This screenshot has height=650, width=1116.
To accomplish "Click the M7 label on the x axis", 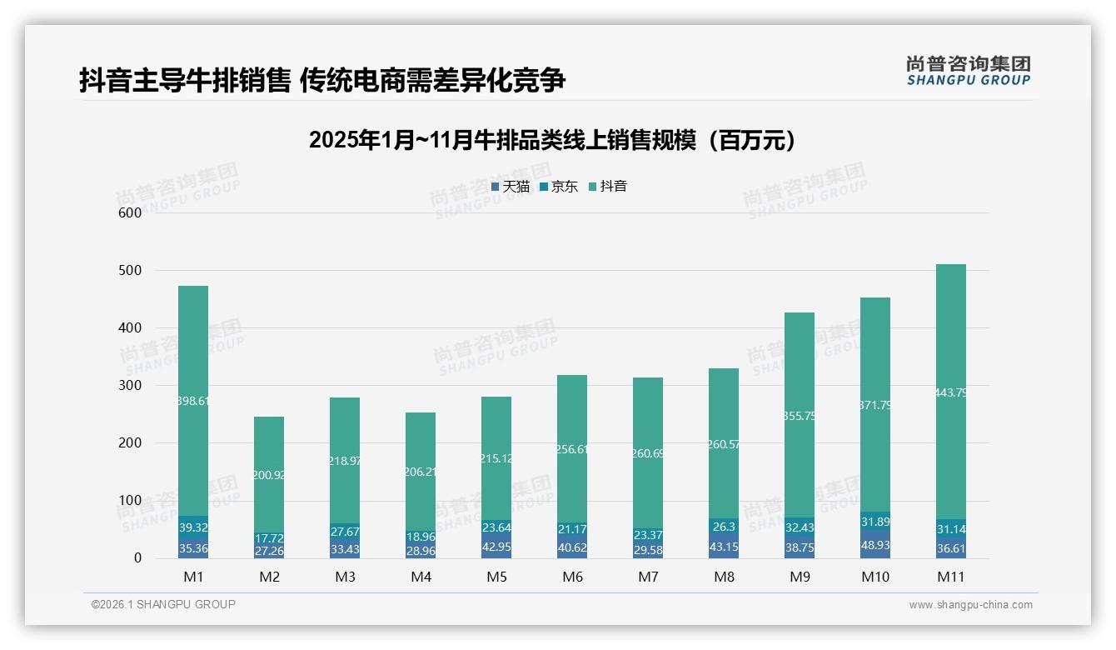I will click(x=647, y=577).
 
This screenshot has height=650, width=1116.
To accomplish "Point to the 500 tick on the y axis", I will click(x=130, y=271).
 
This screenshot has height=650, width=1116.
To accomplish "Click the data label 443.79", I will click(x=950, y=392).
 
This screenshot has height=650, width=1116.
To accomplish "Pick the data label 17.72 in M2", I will click(x=269, y=538).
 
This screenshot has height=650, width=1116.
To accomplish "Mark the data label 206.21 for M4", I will click(x=420, y=472).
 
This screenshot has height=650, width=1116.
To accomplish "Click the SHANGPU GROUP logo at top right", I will click(x=968, y=71).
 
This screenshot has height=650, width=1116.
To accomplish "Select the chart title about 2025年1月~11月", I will click(x=557, y=140).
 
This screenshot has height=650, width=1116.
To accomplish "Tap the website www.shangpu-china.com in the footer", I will click(x=970, y=605).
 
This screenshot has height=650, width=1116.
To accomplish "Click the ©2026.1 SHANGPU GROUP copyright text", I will click(x=163, y=604).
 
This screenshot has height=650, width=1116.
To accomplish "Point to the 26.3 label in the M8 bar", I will click(x=723, y=527).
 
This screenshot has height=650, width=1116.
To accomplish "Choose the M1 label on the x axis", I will click(x=193, y=577).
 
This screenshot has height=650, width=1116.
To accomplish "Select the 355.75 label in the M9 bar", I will click(x=799, y=416).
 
